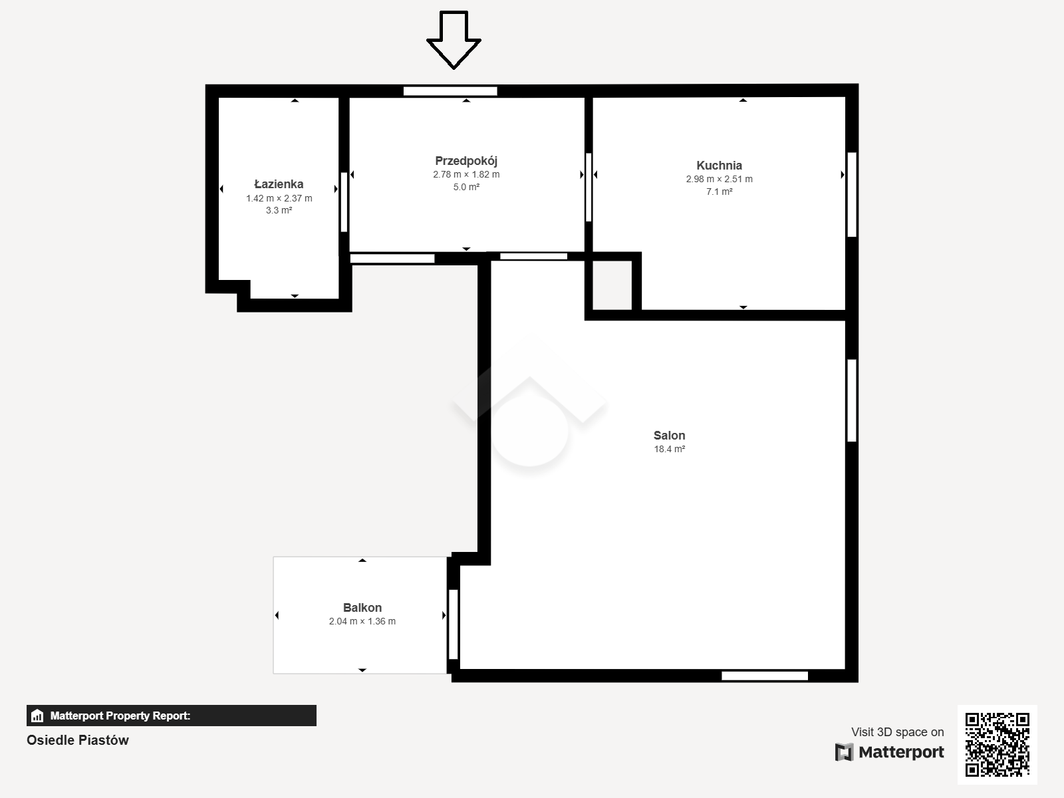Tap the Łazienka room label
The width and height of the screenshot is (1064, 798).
[279, 184]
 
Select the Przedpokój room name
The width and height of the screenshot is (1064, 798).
[466, 161]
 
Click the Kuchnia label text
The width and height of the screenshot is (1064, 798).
[719, 165]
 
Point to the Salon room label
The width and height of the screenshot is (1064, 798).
[669, 435]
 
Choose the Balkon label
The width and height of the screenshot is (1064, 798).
[362, 608]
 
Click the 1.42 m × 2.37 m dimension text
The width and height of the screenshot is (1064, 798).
[279, 198]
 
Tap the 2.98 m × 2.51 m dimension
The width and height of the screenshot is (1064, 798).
[719, 179]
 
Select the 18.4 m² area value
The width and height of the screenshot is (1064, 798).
[669, 449]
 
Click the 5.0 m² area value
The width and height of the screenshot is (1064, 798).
[466, 187]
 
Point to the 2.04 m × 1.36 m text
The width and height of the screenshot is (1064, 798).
[362, 621]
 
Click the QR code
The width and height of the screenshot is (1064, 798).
[997, 744]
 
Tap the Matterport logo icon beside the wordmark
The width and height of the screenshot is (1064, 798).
[844, 752]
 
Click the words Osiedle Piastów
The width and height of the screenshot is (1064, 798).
[78, 740]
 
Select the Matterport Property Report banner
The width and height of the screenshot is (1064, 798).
[171, 716]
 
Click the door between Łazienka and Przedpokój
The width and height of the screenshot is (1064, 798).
[344, 202]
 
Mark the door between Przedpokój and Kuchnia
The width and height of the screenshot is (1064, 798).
[588, 187]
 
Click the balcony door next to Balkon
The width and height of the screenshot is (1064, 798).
[454, 624]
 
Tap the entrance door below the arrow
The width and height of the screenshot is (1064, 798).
[450, 91]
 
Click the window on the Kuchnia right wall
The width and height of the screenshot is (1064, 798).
[852, 194]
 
